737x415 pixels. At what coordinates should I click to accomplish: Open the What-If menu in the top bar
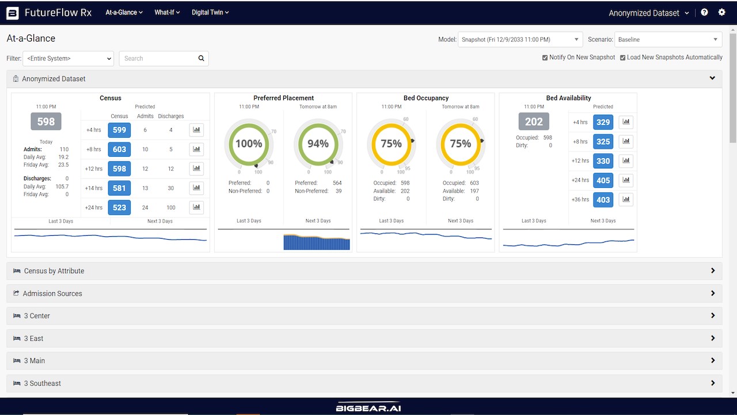coord(167,13)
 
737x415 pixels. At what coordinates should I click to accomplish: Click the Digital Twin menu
coord(210,13)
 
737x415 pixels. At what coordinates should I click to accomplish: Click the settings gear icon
coord(721,12)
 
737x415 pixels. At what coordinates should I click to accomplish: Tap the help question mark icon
coord(704,12)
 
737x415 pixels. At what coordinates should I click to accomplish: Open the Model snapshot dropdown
coord(520,40)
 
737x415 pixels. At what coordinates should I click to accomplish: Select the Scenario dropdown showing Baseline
coord(668,40)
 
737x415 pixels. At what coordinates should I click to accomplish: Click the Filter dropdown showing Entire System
coord(69,58)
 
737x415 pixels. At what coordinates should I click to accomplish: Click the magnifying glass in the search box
coord(202,58)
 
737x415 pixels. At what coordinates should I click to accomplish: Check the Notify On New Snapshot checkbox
coord(545,58)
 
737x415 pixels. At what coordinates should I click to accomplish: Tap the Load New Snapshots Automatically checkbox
coord(622,58)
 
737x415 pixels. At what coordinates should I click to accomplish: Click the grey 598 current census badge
coord(46,122)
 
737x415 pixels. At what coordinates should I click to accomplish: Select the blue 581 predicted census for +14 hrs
coord(119,188)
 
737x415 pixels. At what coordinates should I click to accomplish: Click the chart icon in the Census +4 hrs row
coord(196,130)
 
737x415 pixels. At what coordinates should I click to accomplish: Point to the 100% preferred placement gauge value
coord(249,144)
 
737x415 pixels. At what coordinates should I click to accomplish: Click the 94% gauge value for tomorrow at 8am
coord(318,144)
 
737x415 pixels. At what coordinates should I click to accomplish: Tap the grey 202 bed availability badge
coord(534,122)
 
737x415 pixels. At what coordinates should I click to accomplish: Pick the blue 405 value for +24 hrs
coord(603,180)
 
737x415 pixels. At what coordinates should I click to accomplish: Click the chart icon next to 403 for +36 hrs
coord(626,199)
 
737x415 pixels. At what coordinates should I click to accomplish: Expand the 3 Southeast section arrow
coord(713,383)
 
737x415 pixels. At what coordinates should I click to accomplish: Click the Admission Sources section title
coord(52,293)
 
